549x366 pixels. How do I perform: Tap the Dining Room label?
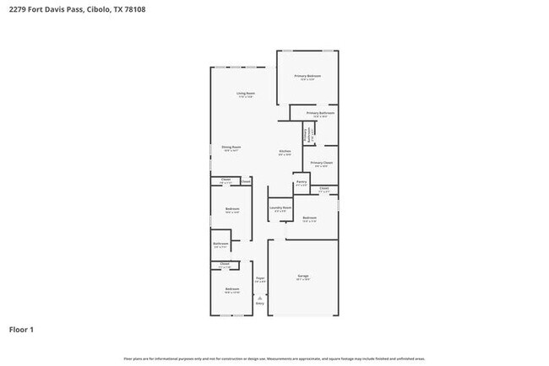click(231, 148)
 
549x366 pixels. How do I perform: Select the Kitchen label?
click(285, 152)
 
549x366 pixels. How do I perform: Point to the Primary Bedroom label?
click(307, 76)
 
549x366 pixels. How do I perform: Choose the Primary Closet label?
click(322, 162)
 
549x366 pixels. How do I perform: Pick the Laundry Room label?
click(280, 207)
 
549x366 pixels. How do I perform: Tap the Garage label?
click(302, 276)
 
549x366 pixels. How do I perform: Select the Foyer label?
click(260, 277)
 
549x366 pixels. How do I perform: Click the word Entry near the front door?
click(260, 303)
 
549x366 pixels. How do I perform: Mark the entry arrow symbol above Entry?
click(260, 296)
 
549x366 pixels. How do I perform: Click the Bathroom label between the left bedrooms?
click(220, 244)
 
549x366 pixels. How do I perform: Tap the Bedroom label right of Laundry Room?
click(309, 218)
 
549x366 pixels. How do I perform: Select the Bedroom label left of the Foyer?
click(231, 289)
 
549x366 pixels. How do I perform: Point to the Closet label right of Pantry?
click(323, 188)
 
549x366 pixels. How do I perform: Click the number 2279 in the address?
click(18, 8)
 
